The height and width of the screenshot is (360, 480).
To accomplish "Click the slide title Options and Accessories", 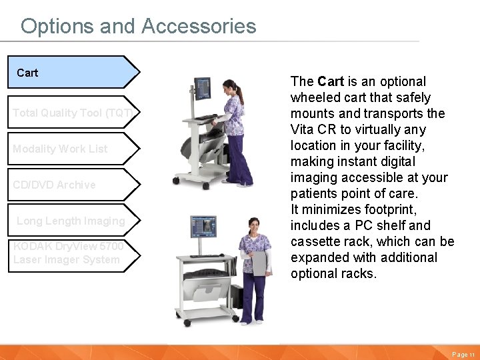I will pos(138,26).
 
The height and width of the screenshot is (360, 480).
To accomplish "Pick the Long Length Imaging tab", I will pos(70,221).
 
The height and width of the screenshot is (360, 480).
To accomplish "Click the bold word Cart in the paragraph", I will pos(331,81).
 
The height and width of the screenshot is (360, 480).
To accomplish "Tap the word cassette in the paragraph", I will pos(316,241).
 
